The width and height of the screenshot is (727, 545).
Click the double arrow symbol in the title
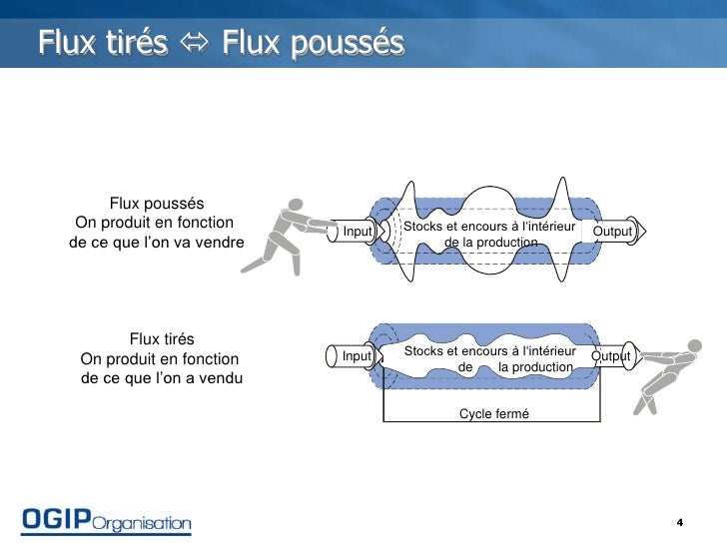(x=195, y=43)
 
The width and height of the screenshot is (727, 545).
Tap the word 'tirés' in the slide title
(x=137, y=42)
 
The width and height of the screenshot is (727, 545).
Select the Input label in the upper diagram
(x=358, y=231)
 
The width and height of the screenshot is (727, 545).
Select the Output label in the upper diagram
(x=612, y=231)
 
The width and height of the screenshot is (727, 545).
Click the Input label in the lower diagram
(x=357, y=356)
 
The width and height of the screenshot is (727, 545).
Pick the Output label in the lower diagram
(x=610, y=356)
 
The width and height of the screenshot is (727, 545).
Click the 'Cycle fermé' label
(x=493, y=413)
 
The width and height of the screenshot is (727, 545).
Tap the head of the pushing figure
(x=296, y=205)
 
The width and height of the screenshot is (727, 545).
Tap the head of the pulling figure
(x=695, y=345)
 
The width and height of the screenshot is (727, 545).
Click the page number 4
(x=680, y=522)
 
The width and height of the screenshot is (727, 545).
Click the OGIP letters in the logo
(x=56, y=519)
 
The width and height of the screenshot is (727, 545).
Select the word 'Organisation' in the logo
(x=142, y=524)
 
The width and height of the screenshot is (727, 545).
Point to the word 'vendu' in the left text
(x=221, y=378)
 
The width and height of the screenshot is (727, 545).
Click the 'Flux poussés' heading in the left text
(x=157, y=204)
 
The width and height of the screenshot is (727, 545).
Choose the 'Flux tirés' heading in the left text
(x=162, y=338)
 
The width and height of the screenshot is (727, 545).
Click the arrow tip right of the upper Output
(x=646, y=231)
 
